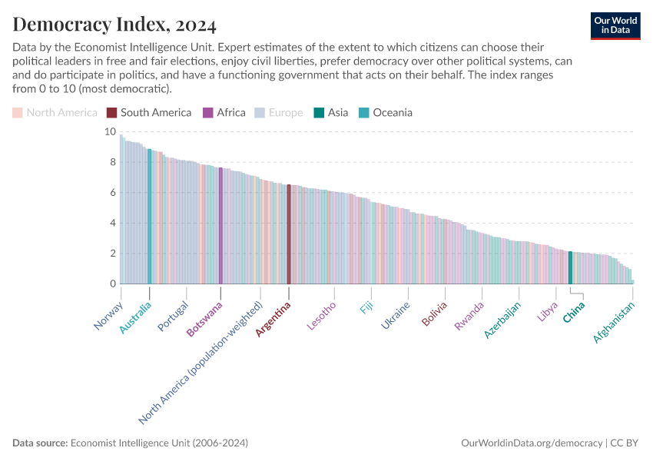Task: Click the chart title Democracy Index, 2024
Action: coord(114,25)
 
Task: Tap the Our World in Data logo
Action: coord(615,25)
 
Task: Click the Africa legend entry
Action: coord(224,113)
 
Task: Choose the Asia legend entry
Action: coord(330,113)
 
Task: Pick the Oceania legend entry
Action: coord(386,113)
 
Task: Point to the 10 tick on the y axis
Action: coord(111,132)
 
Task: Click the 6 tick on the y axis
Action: coord(113,193)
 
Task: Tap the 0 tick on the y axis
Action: coord(113,284)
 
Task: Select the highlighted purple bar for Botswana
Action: coord(220,226)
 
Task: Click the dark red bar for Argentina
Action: coord(289,234)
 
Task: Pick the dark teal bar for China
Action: coord(570,268)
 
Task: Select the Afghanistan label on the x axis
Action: coord(615,323)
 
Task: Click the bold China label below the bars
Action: coord(574,313)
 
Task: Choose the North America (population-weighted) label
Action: coord(201,363)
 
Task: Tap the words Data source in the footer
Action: coord(40,443)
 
